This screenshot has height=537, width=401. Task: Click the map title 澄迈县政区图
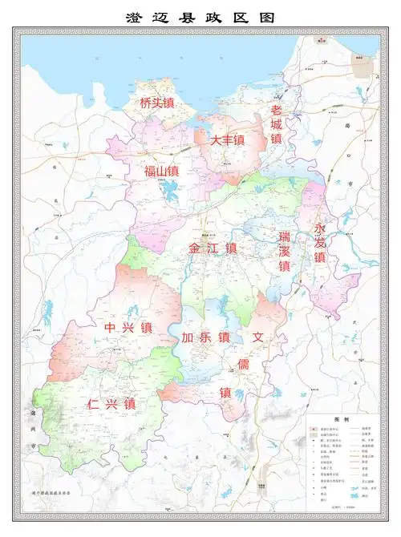[x=200, y=17]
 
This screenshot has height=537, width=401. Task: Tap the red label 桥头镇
[x=157, y=103]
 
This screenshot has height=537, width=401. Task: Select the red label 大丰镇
[x=227, y=140]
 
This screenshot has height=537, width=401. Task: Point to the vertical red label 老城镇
[x=277, y=124]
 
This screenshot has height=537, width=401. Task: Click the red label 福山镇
[x=161, y=171]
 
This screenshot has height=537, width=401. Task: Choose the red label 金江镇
[x=213, y=248]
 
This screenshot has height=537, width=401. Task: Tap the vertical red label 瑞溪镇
[x=284, y=251]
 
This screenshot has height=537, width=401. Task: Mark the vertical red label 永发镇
[x=319, y=243]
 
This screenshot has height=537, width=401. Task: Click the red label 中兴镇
[x=128, y=328]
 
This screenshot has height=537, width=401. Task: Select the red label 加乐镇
[x=205, y=337]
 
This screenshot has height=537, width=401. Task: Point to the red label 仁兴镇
[x=111, y=403]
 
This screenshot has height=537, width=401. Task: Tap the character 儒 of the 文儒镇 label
[x=241, y=365]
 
